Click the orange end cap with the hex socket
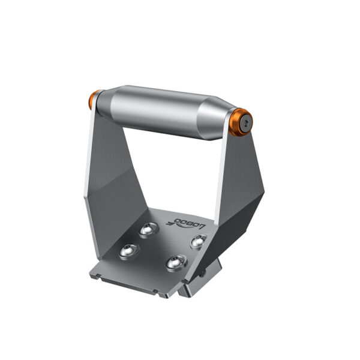[x=243, y=120]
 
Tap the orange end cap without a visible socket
[x=94, y=100]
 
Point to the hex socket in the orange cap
[x=247, y=121]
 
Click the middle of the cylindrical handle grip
[x=161, y=112]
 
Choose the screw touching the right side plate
[x=197, y=241]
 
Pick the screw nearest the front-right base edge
[x=175, y=263]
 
